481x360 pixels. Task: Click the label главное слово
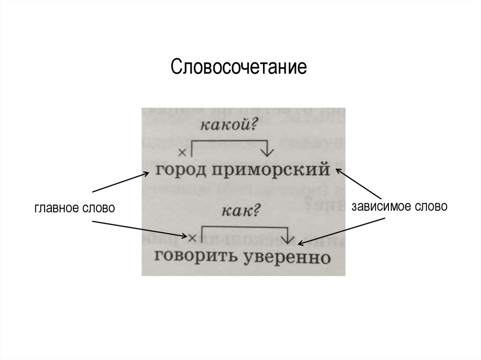pyautogui.click(x=74, y=208)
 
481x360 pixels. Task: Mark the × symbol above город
pyautogui.click(x=183, y=152)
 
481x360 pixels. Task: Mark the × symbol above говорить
pyautogui.click(x=191, y=237)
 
